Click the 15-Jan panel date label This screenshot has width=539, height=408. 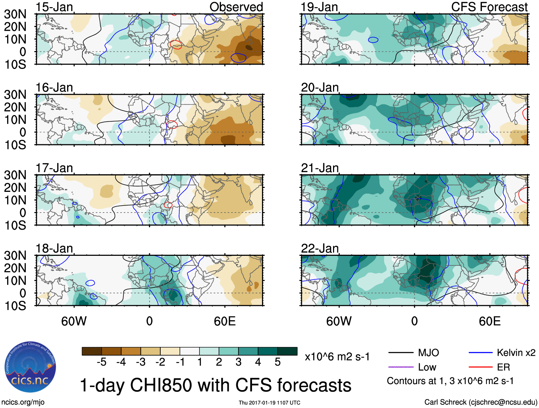point(54,7)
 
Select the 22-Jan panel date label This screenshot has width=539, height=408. point(319,248)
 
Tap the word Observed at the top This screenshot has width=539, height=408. point(236,7)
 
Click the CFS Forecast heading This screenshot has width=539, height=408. point(489,7)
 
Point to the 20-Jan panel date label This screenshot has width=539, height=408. point(319,88)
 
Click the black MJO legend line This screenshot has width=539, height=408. point(401,353)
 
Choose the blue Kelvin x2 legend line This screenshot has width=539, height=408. point(480,353)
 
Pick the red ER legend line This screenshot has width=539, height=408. point(480,367)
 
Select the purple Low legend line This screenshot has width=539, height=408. point(401,367)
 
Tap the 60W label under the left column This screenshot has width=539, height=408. point(74,321)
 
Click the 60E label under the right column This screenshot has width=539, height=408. point(489,321)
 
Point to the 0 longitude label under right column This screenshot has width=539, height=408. point(414,321)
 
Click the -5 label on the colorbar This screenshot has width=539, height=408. point(101,362)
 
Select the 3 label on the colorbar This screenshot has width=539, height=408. point(238,362)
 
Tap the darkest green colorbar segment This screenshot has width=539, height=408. point(287,351)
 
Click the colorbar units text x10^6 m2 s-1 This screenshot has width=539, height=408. point(337,357)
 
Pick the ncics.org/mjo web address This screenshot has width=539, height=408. point(23,402)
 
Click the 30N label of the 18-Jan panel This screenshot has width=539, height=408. point(15,256)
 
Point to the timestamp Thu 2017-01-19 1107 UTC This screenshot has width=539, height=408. point(269,403)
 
